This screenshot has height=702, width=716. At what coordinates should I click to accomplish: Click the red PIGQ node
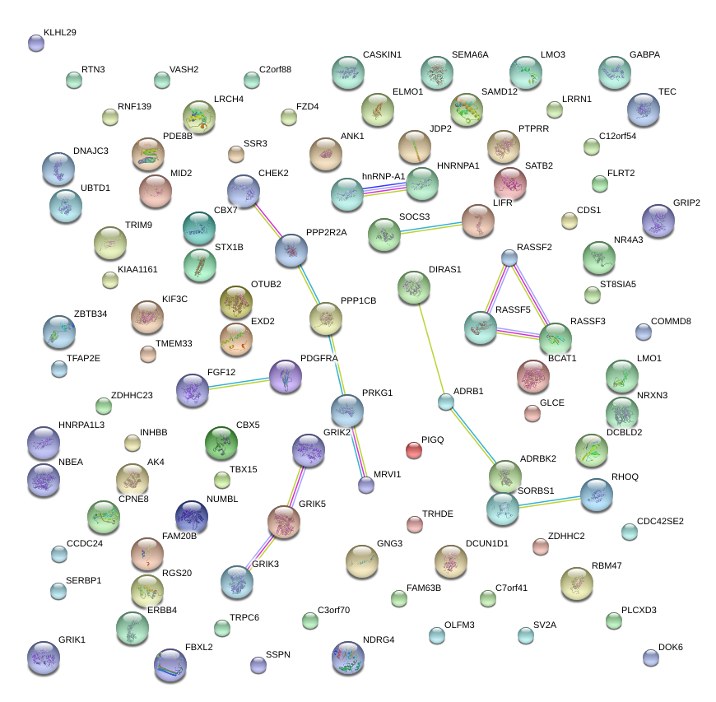click(x=414, y=450)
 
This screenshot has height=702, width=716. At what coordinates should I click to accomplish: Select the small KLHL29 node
click(x=36, y=44)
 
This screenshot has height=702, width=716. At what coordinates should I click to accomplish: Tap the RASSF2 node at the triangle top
click(x=509, y=258)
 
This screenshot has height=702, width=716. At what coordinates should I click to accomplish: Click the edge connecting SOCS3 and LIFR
click(x=431, y=228)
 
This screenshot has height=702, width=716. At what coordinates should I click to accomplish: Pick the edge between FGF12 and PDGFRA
click(x=239, y=384)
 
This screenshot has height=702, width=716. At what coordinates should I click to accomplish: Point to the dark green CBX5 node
click(x=221, y=443)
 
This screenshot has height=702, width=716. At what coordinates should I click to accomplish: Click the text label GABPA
click(x=644, y=54)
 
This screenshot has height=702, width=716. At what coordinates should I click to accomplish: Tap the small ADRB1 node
click(x=446, y=402)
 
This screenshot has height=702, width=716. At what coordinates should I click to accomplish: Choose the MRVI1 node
click(x=365, y=485)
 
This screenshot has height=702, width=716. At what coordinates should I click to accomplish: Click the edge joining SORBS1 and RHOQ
click(x=550, y=502)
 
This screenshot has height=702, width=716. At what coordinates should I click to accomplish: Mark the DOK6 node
click(x=651, y=658)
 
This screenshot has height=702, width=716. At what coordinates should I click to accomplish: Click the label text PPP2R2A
click(x=327, y=232)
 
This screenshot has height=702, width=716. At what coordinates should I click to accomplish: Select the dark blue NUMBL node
click(x=192, y=517)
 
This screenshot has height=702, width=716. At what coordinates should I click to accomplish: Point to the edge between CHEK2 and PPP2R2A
click(x=268, y=221)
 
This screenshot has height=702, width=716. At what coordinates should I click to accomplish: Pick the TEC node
click(x=644, y=109)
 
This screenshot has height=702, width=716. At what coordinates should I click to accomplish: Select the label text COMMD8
click(x=671, y=321)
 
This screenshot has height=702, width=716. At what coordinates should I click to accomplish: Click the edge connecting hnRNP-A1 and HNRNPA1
click(x=384, y=189)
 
